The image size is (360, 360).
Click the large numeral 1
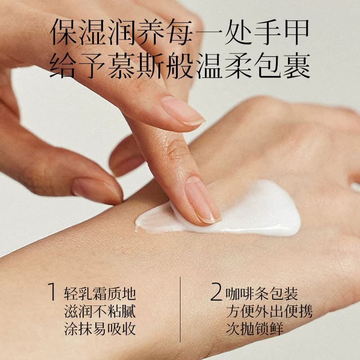[x=52, y=291]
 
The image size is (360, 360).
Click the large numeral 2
[x=216, y=292]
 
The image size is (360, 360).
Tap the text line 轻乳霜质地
[x=100, y=294]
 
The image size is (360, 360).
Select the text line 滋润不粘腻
[x=100, y=311]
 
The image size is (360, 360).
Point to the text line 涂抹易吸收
[x=100, y=329]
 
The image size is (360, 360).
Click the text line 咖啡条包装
[x=262, y=294]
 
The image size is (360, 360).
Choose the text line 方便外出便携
[x=269, y=311]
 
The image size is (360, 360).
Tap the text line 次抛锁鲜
[x=254, y=329]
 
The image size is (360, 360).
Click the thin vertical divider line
[x=180, y=309]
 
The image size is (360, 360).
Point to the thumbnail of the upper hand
[x=96, y=190]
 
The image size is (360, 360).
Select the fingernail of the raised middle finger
[x=183, y=111]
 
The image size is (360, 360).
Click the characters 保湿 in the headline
[x=78, y=32]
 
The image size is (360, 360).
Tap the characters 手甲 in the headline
[x=282, y=32]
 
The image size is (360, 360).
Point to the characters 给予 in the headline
[x=78, y=66]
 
